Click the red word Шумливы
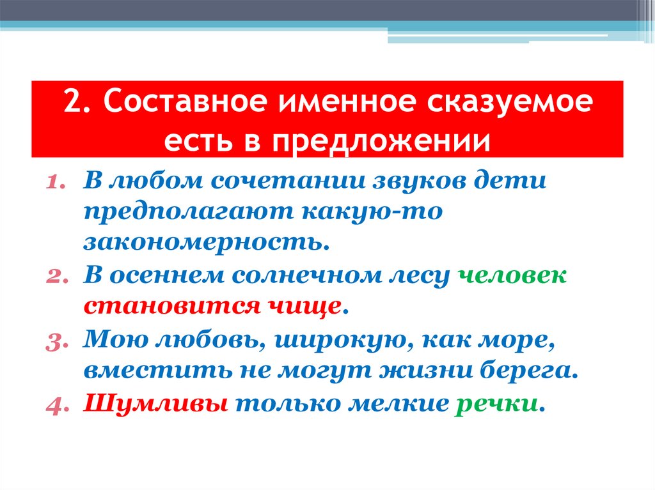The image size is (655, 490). (x=156, y=404)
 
